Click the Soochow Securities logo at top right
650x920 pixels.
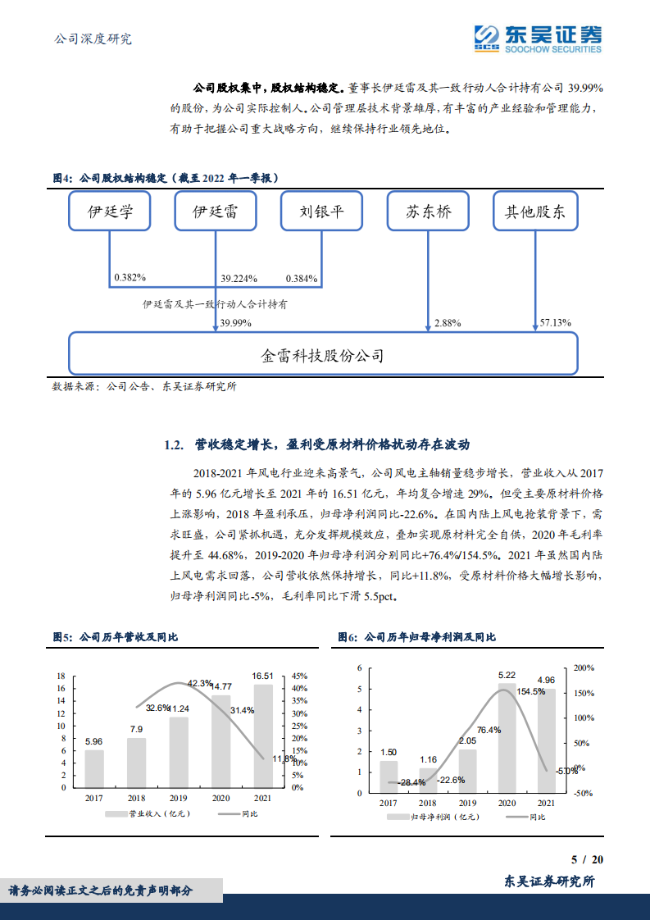point(538,39)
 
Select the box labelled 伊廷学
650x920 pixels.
point(110,212)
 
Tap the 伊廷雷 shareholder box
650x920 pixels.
point(216,212)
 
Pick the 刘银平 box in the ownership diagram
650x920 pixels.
point(321,212)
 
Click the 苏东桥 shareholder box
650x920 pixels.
point(428,212)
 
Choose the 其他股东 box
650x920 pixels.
point(534,212)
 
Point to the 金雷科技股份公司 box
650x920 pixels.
point(323,355)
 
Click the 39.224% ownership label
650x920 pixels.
point(239,278)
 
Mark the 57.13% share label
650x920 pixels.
point(555,324)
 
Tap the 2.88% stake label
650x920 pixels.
point(448,324)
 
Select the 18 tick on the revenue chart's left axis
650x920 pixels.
point(61,676)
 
